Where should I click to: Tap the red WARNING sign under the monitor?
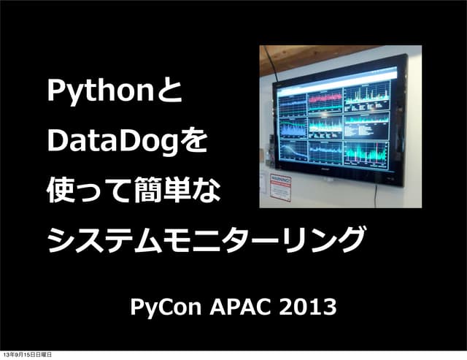pos(281,187)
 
